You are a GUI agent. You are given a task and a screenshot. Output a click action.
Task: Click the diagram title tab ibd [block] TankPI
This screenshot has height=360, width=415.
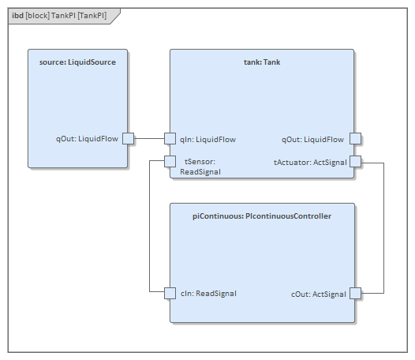59,15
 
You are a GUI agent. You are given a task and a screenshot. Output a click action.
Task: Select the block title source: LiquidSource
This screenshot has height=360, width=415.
77,62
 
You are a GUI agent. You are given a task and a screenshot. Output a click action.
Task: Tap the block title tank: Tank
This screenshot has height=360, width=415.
262,62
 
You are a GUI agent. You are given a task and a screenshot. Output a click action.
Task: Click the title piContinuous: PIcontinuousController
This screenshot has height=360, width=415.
262,216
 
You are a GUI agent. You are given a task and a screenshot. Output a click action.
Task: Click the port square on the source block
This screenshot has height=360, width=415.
128,139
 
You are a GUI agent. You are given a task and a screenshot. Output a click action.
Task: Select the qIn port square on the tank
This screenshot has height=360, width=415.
170,139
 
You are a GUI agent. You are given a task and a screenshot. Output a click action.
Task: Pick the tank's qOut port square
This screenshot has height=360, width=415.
355,139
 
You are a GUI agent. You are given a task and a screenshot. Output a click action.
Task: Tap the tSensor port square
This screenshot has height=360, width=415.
170,162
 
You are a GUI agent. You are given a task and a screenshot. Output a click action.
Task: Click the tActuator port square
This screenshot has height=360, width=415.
355,162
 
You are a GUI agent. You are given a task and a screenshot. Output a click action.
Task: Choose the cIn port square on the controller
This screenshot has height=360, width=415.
170,293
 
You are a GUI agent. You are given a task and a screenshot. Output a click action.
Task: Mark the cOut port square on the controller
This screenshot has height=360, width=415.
355,293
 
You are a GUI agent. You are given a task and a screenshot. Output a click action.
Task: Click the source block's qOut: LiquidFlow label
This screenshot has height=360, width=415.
87,139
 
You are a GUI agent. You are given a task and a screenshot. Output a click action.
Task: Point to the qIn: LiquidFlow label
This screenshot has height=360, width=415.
207,139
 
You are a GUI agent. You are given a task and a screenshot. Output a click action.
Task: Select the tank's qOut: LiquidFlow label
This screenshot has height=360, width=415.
312,139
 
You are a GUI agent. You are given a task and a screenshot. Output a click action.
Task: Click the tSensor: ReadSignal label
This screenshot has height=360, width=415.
201,167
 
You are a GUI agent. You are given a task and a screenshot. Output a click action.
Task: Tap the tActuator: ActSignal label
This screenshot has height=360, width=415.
309,162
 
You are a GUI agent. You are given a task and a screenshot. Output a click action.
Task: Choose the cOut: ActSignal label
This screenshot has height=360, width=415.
319,294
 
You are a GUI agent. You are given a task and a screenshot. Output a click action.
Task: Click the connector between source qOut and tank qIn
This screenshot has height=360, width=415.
148,139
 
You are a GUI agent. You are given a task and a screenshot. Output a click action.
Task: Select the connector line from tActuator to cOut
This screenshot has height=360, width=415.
384,229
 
